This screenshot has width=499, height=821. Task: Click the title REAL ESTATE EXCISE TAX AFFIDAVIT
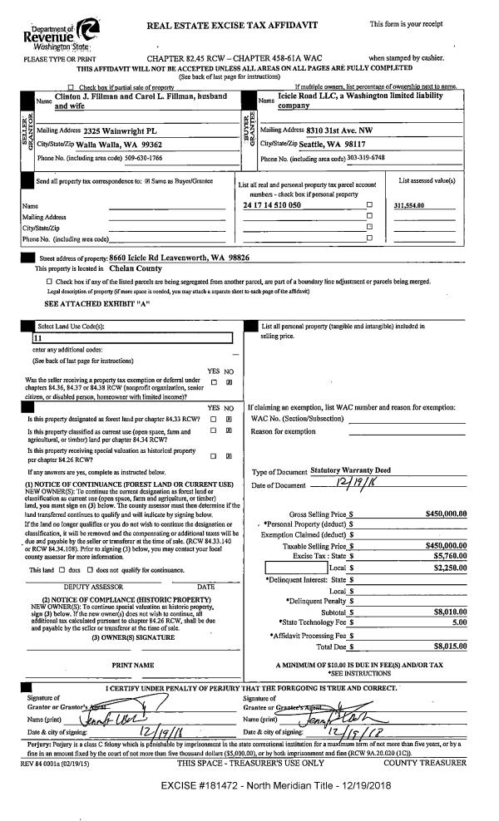click(232, 26)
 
